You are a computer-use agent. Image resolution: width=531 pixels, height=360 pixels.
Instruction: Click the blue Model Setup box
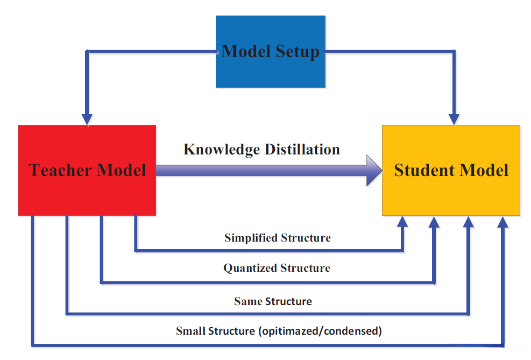[271, 52]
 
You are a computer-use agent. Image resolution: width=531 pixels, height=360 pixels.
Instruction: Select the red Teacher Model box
[87, 171]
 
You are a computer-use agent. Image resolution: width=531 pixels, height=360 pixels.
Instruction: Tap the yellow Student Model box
[451, 171]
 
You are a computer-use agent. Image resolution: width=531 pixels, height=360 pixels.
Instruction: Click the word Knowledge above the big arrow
[222, 150]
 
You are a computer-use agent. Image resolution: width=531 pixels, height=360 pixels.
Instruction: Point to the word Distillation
[302, 150]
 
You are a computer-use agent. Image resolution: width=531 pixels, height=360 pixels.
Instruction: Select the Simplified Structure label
[278, 238]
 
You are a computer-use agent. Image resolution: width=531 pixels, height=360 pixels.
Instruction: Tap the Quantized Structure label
[277, 268]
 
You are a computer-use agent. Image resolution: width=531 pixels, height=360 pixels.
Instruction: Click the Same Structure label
[273, 301]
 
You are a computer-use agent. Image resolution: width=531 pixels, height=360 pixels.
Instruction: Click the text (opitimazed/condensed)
[320, 331]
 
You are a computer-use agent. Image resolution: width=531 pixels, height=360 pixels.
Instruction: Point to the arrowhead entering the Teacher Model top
[87, 119]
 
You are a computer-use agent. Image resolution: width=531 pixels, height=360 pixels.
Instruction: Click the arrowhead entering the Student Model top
[454, 119]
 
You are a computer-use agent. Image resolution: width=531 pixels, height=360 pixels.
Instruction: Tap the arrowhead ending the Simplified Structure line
[402, 222]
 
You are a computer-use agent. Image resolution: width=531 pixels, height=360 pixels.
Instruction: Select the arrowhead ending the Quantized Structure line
[434, 222]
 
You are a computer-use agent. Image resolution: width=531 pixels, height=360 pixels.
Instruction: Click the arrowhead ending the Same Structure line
[469, 222]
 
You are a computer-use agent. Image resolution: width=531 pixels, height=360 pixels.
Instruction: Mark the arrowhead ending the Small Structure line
[503, 222]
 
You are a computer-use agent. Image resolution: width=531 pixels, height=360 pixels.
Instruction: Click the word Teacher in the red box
[60, 170]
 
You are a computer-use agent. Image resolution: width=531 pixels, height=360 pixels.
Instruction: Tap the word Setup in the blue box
[298, 52]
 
